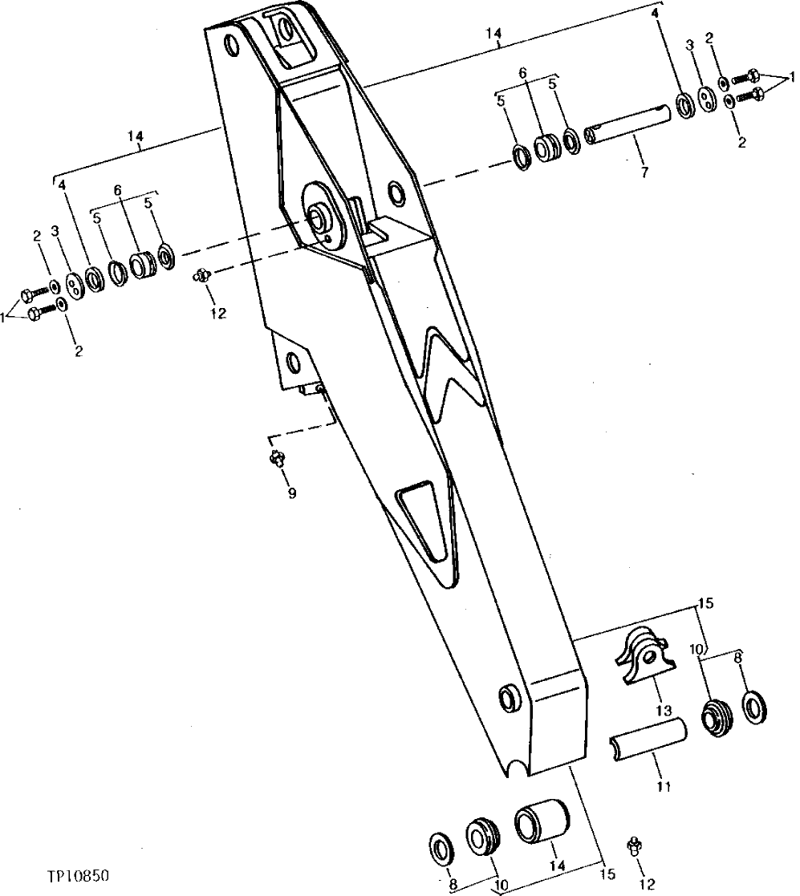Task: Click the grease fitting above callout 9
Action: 278,459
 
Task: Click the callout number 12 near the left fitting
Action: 217,314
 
